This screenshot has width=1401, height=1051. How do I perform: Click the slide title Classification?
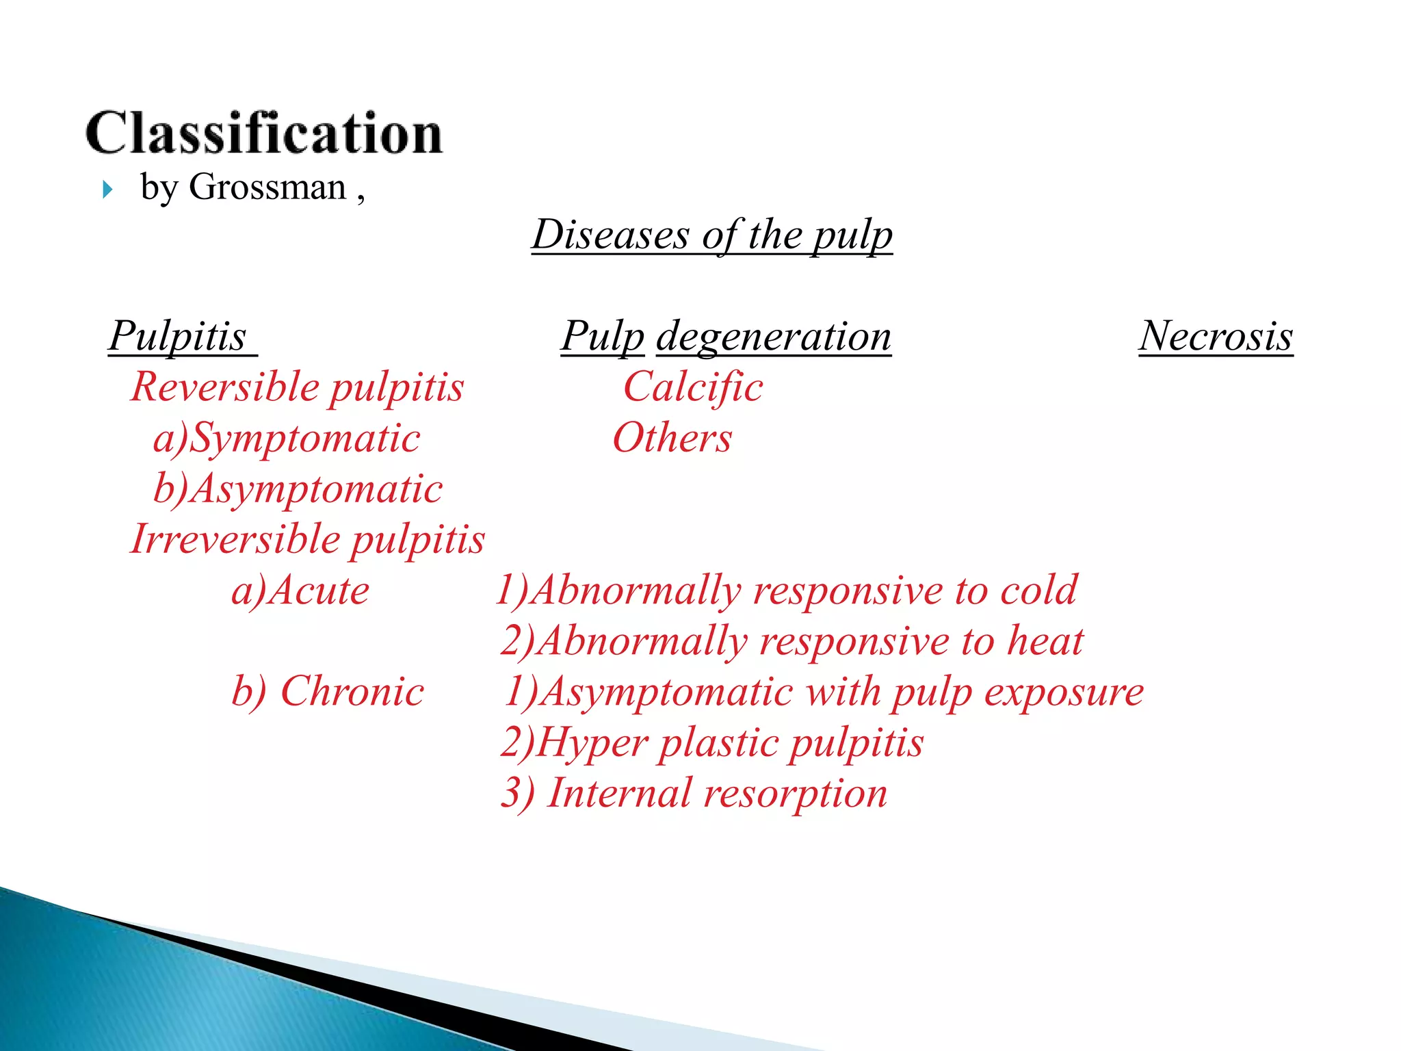[264, 133]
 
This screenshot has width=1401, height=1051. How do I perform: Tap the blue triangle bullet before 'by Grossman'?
[107, 190]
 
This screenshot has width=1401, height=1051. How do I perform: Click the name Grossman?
[267, 187]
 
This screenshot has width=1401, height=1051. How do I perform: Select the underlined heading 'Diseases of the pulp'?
[712, 235]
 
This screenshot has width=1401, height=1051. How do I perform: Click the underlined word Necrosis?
[1216, 337]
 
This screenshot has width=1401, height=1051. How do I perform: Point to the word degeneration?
[774, 337]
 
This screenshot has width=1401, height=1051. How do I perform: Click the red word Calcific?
[693, 387]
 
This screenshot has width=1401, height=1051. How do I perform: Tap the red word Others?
[672, 438]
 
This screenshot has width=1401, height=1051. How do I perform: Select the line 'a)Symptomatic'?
[287, 438]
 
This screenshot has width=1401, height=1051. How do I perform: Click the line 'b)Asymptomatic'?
[298, 489]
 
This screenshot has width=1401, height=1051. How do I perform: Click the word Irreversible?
[236, 539]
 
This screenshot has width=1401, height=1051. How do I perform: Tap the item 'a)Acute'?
[300, 591]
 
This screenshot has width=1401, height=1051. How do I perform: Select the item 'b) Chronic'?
[328, 691]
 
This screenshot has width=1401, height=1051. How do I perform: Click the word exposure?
[1064, 691]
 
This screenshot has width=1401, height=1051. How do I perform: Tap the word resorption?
[795, 794]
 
